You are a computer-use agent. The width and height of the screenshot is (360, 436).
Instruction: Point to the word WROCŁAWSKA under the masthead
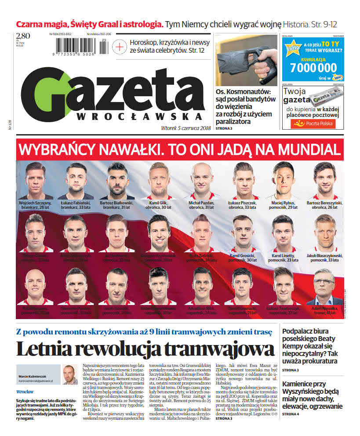point(140,117)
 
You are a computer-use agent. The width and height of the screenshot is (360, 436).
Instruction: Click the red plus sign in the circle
point(119,47)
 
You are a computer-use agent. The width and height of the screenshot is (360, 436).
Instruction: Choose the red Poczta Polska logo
point(313,124)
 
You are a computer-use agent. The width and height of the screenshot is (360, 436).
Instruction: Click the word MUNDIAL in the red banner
point(308,150)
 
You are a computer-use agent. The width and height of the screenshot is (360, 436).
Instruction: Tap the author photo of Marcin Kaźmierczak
point(70,374)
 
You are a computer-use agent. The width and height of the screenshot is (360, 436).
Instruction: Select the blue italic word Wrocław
point(25,392)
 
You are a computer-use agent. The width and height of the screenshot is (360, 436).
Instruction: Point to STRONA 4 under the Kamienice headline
point(291,414)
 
